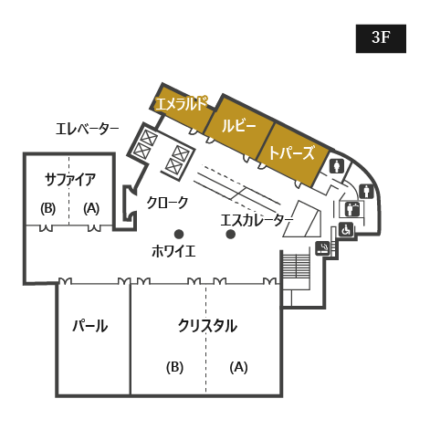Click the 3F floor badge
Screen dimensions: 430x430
pyautogui.click(x=381, y=38)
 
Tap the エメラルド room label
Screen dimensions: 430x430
pyautogui.click(x=181, y=104)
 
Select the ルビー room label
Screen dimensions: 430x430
pyautogui.click(x=239, y=125)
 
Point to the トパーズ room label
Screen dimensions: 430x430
pyautogui.click(x=291, y=152)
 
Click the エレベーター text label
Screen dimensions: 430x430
pyautogui.click(x=87, y=129)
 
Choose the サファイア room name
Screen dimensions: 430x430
pyautogui.click(x=70, y=180)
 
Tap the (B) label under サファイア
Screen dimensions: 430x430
pyautogui.click(x=47, y=209)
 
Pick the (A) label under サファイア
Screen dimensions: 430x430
pyautogui.click(x=91, y=208)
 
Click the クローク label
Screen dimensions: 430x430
pyautogui.click(x=167, y=203)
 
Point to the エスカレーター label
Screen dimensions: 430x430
pyautogui.click(x=257, y=220)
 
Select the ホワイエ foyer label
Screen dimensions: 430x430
pyautogui.click(x=173, y=251)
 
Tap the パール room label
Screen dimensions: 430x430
pyautogui.click(x=90, y=326)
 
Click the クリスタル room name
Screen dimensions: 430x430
pyautogui.click(x=207, y=326)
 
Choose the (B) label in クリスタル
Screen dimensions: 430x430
pyautogui.click(x=174, y=367)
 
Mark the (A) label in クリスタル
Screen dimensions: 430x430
pyautogui.click(x=238, y=367)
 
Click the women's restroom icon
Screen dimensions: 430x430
pyautogui.click(x=337, y=166)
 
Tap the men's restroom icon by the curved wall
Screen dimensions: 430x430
pyautogui.click(x=366, y=192)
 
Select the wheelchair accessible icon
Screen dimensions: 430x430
pyautogui.click(x=346, y=230)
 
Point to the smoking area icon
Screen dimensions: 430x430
pyautogui.click(x=322, y=248)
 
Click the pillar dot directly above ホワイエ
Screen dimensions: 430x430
pyautogui.click(x=179, y=235)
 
